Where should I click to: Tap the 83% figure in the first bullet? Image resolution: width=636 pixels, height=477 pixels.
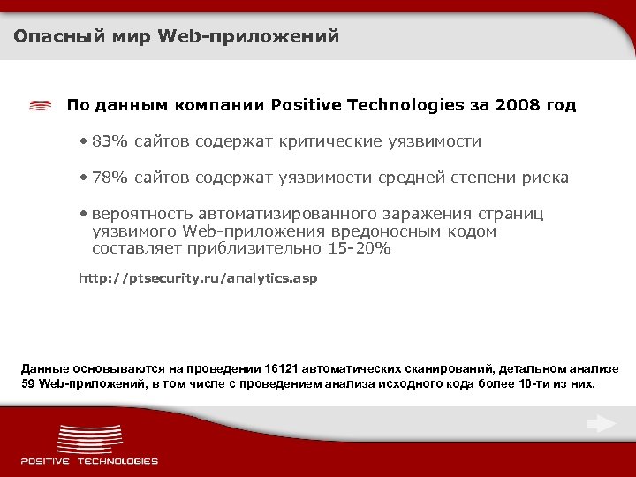tap(108, 141)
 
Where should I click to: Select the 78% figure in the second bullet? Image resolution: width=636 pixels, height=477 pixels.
tap(108, 178)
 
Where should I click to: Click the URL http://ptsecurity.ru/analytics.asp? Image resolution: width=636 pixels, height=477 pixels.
tap(198, 278)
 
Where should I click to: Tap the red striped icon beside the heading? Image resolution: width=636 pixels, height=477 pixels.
tap(40, 106)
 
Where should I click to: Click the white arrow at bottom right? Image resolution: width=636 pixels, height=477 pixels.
tap(601, 425)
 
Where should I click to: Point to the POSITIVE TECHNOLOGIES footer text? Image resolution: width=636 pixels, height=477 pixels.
tap(89, 461)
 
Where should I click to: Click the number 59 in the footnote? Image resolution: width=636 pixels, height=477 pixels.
tap(29, 384)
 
